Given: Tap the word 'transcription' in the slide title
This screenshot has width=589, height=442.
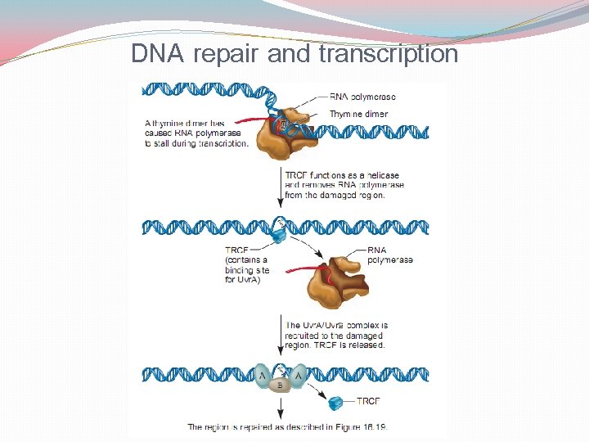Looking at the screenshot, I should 389,54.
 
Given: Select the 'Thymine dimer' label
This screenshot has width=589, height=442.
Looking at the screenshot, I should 358,114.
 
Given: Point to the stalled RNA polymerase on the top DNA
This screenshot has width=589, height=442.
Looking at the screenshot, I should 288,132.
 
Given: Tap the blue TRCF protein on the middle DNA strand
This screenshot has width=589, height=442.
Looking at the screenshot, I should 279,232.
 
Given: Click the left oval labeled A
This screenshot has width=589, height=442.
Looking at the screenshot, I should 263,376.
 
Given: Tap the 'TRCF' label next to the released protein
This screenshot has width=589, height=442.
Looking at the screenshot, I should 368,402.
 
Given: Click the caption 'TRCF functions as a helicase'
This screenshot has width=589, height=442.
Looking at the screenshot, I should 342,175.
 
